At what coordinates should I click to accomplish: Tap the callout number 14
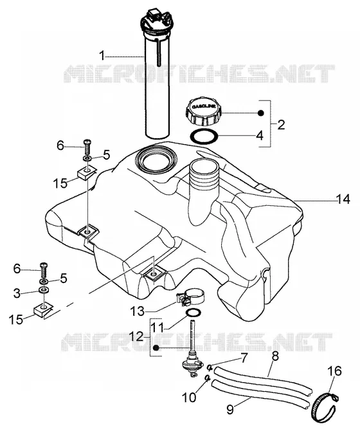(x=343, y=199)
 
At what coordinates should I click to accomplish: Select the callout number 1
(x=102, y=56)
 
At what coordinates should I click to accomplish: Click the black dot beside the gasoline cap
(x=261, y=113)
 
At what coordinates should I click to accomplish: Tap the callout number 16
(x=334, y=371)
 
